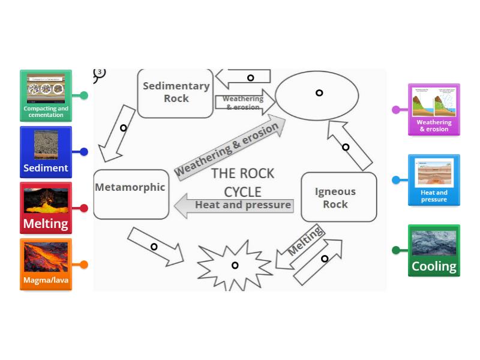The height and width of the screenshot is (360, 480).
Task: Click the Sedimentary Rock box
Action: [175, 93]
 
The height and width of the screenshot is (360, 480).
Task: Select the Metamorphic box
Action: [131, 194]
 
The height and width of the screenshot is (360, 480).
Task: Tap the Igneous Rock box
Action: [338, 197]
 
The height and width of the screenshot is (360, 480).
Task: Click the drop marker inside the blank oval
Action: [319, 92]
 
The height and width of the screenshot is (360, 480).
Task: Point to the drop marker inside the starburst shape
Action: [235, 265]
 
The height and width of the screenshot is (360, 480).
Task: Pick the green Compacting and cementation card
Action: [46, 95]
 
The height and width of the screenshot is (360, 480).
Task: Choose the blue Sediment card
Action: [46, 152]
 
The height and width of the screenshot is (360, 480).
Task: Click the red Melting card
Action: [46, 208]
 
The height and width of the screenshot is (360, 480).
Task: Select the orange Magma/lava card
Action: [46, 265]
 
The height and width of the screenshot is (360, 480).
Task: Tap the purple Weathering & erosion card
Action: [434, 110]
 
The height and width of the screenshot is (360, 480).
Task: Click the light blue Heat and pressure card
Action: [434, 180]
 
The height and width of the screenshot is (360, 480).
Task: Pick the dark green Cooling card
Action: [434, 250]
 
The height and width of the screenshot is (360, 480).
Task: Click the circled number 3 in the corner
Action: [100, 73]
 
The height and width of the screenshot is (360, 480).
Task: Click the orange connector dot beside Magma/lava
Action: [84, 265]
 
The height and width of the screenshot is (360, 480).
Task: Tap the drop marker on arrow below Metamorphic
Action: [154, 247]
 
